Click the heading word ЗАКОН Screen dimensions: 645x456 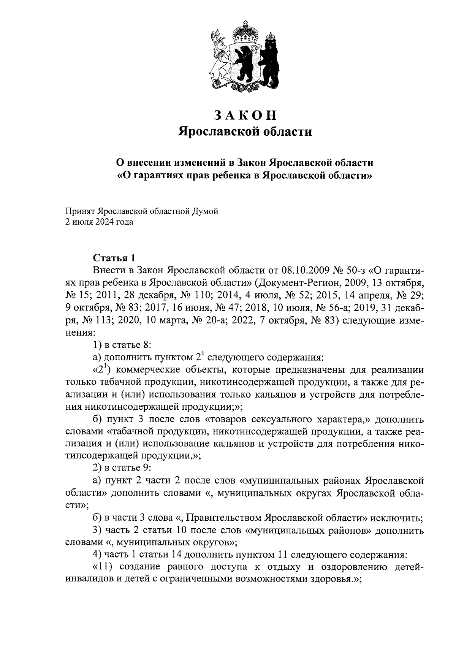[245, 115]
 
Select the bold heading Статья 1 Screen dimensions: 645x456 [114, 258]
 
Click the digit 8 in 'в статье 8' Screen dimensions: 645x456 [147, 345]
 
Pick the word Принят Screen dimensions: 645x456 [79, 211]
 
